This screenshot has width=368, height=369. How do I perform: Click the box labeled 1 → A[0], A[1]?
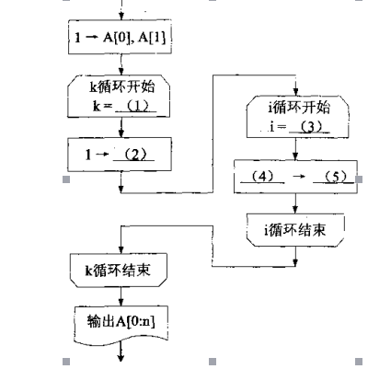121,41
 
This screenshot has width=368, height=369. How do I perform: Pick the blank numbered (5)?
335,176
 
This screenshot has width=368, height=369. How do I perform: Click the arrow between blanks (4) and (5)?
298,176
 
